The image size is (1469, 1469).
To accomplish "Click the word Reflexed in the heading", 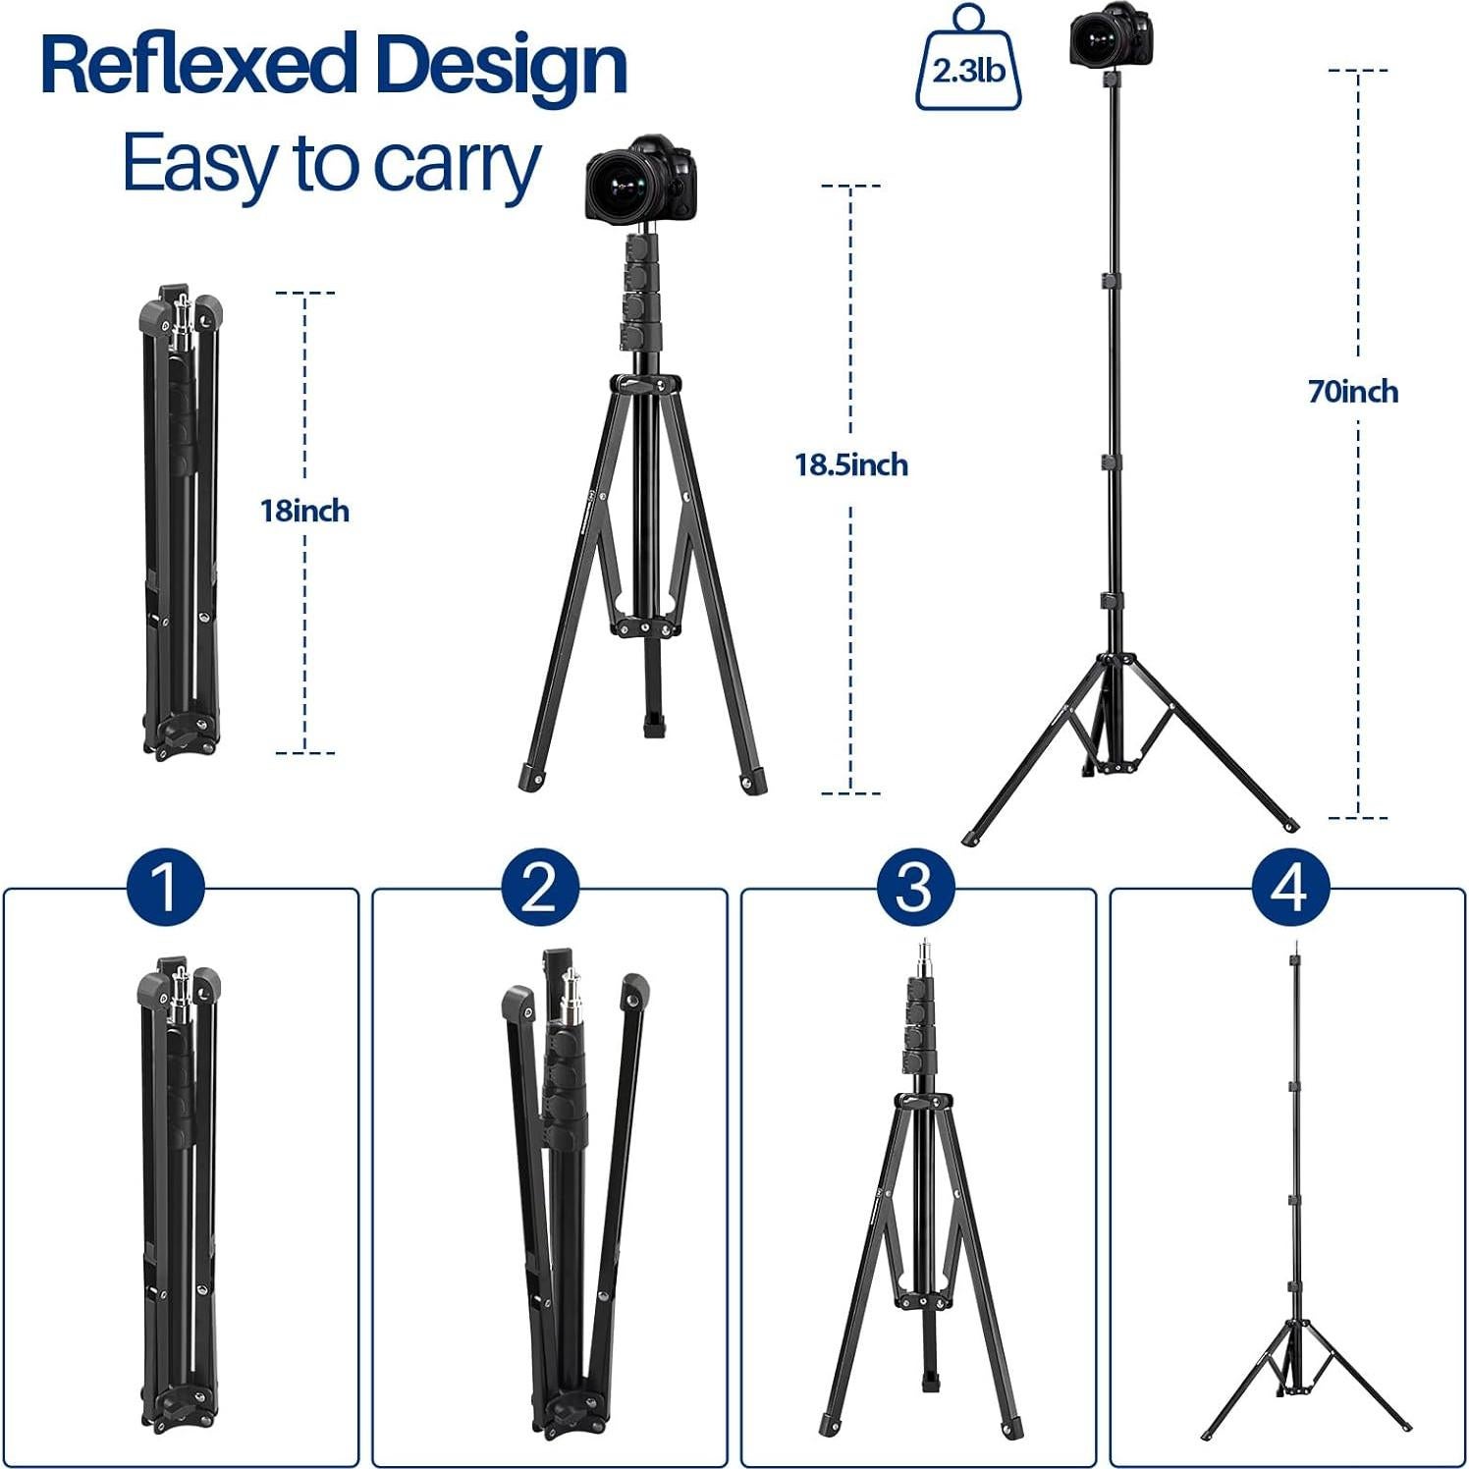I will [x=196, y=65].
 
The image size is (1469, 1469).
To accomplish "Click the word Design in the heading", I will [x=501, y=65].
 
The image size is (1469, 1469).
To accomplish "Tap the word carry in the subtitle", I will [x=457, y=164].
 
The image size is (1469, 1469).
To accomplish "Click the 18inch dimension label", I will [x=304, y=511].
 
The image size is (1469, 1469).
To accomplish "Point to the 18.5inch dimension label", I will [x=850, y=464].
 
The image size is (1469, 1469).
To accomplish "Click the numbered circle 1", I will [x=165, y=887].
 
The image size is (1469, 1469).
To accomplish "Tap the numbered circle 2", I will [x=539, y=887].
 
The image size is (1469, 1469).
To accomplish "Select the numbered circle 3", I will [x=914, y=887].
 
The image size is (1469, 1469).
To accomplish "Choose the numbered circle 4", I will [x=1290, y=887].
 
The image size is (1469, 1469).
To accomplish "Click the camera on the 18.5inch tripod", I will [x=641, y=180].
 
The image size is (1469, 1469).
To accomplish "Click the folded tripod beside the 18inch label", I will [x=180, y=520].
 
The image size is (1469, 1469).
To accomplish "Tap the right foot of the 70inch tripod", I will [x=1289, y=825].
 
